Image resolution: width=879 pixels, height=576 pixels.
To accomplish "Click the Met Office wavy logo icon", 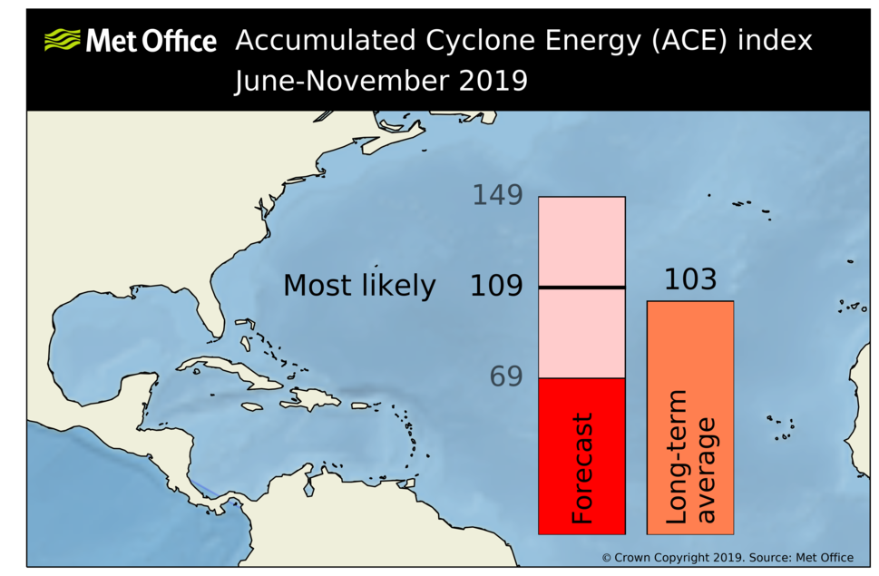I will [x=62, y=40].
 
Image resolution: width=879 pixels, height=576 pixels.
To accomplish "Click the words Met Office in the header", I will [x=151, y=41].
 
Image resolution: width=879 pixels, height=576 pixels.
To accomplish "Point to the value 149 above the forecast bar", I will [x=497, y=195].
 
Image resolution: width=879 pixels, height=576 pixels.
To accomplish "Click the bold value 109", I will [x=496, y=287].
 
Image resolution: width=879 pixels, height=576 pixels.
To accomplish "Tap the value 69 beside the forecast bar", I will [x=506, y=376].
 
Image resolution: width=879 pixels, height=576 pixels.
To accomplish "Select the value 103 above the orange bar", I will [x=689, y=279].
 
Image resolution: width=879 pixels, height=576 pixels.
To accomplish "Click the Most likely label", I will [x=359, y=286].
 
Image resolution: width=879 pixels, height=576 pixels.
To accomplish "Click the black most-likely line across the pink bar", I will [x=581, y=288].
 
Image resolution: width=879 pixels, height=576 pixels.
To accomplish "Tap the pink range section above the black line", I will [x=581, y=240].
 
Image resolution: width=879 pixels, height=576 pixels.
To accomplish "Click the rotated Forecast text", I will [x=581, y=469].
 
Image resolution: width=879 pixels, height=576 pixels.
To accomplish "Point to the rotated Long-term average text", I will [x=690, y=457].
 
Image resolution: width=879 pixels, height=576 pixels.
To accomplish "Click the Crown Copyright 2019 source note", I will [x=727, y=557].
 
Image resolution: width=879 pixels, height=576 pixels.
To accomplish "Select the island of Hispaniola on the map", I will [x=313, y=398].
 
